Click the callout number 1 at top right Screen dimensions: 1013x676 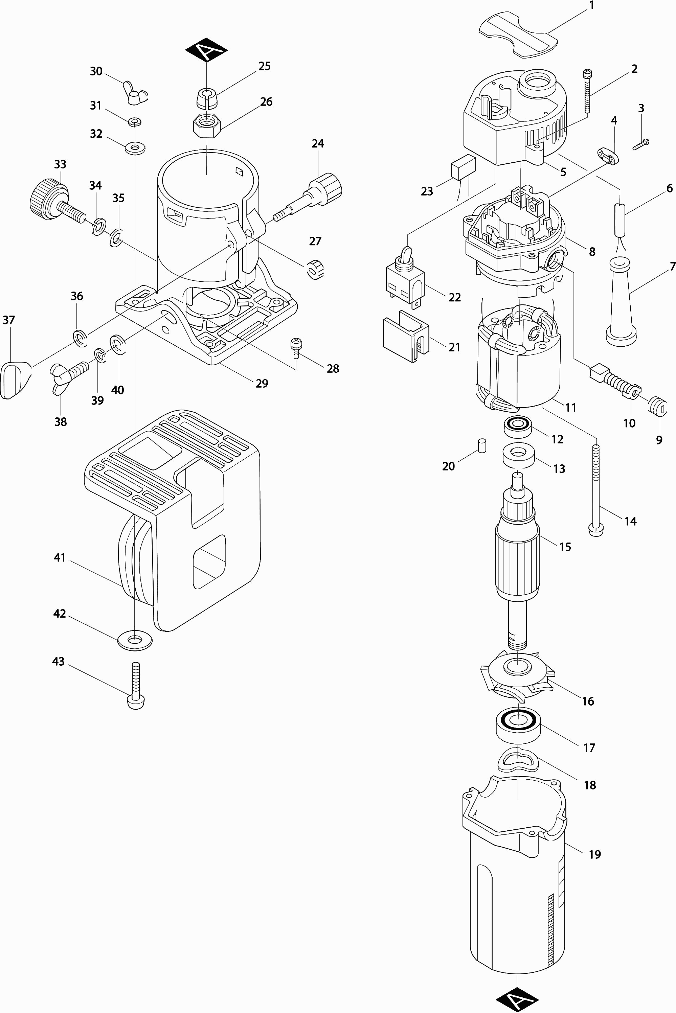coord(591,6)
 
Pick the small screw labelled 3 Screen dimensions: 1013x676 coord(641,144)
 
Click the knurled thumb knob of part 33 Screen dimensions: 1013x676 coord(49,195)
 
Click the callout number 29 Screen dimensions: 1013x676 coord(262,383)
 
